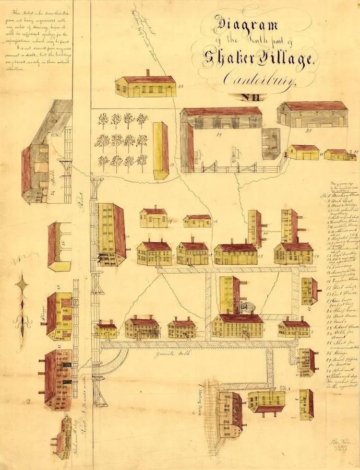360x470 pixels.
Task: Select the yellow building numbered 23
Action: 146,86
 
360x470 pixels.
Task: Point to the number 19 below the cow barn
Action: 219,135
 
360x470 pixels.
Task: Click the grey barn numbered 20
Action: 312,114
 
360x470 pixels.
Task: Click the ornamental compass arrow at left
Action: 22,303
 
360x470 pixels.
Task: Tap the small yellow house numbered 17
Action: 153,217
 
